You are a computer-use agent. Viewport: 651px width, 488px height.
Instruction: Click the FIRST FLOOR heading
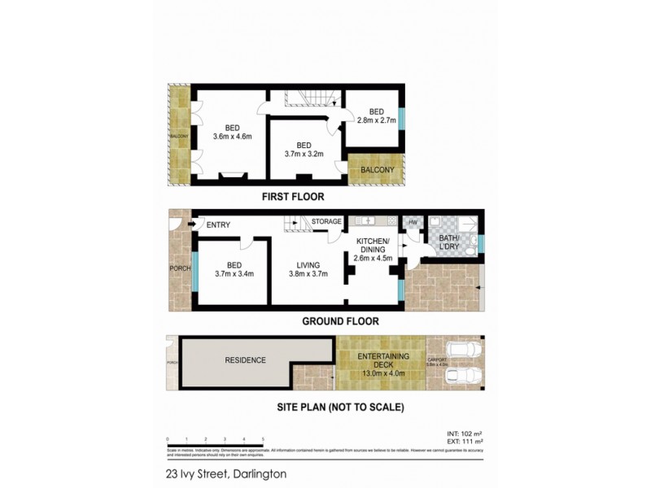coord(292,196)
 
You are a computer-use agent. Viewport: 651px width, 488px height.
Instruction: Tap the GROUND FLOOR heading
coord(340,321)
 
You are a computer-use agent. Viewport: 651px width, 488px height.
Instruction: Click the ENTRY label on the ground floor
coord(218,225)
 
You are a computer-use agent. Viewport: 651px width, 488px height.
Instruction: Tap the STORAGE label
coord(326,221)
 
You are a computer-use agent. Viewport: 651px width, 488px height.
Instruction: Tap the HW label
coord(412,222)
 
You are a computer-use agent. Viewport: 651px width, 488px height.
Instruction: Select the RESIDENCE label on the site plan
coord(245,359)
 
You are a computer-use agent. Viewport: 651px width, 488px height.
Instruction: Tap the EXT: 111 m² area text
coord(466,442)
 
